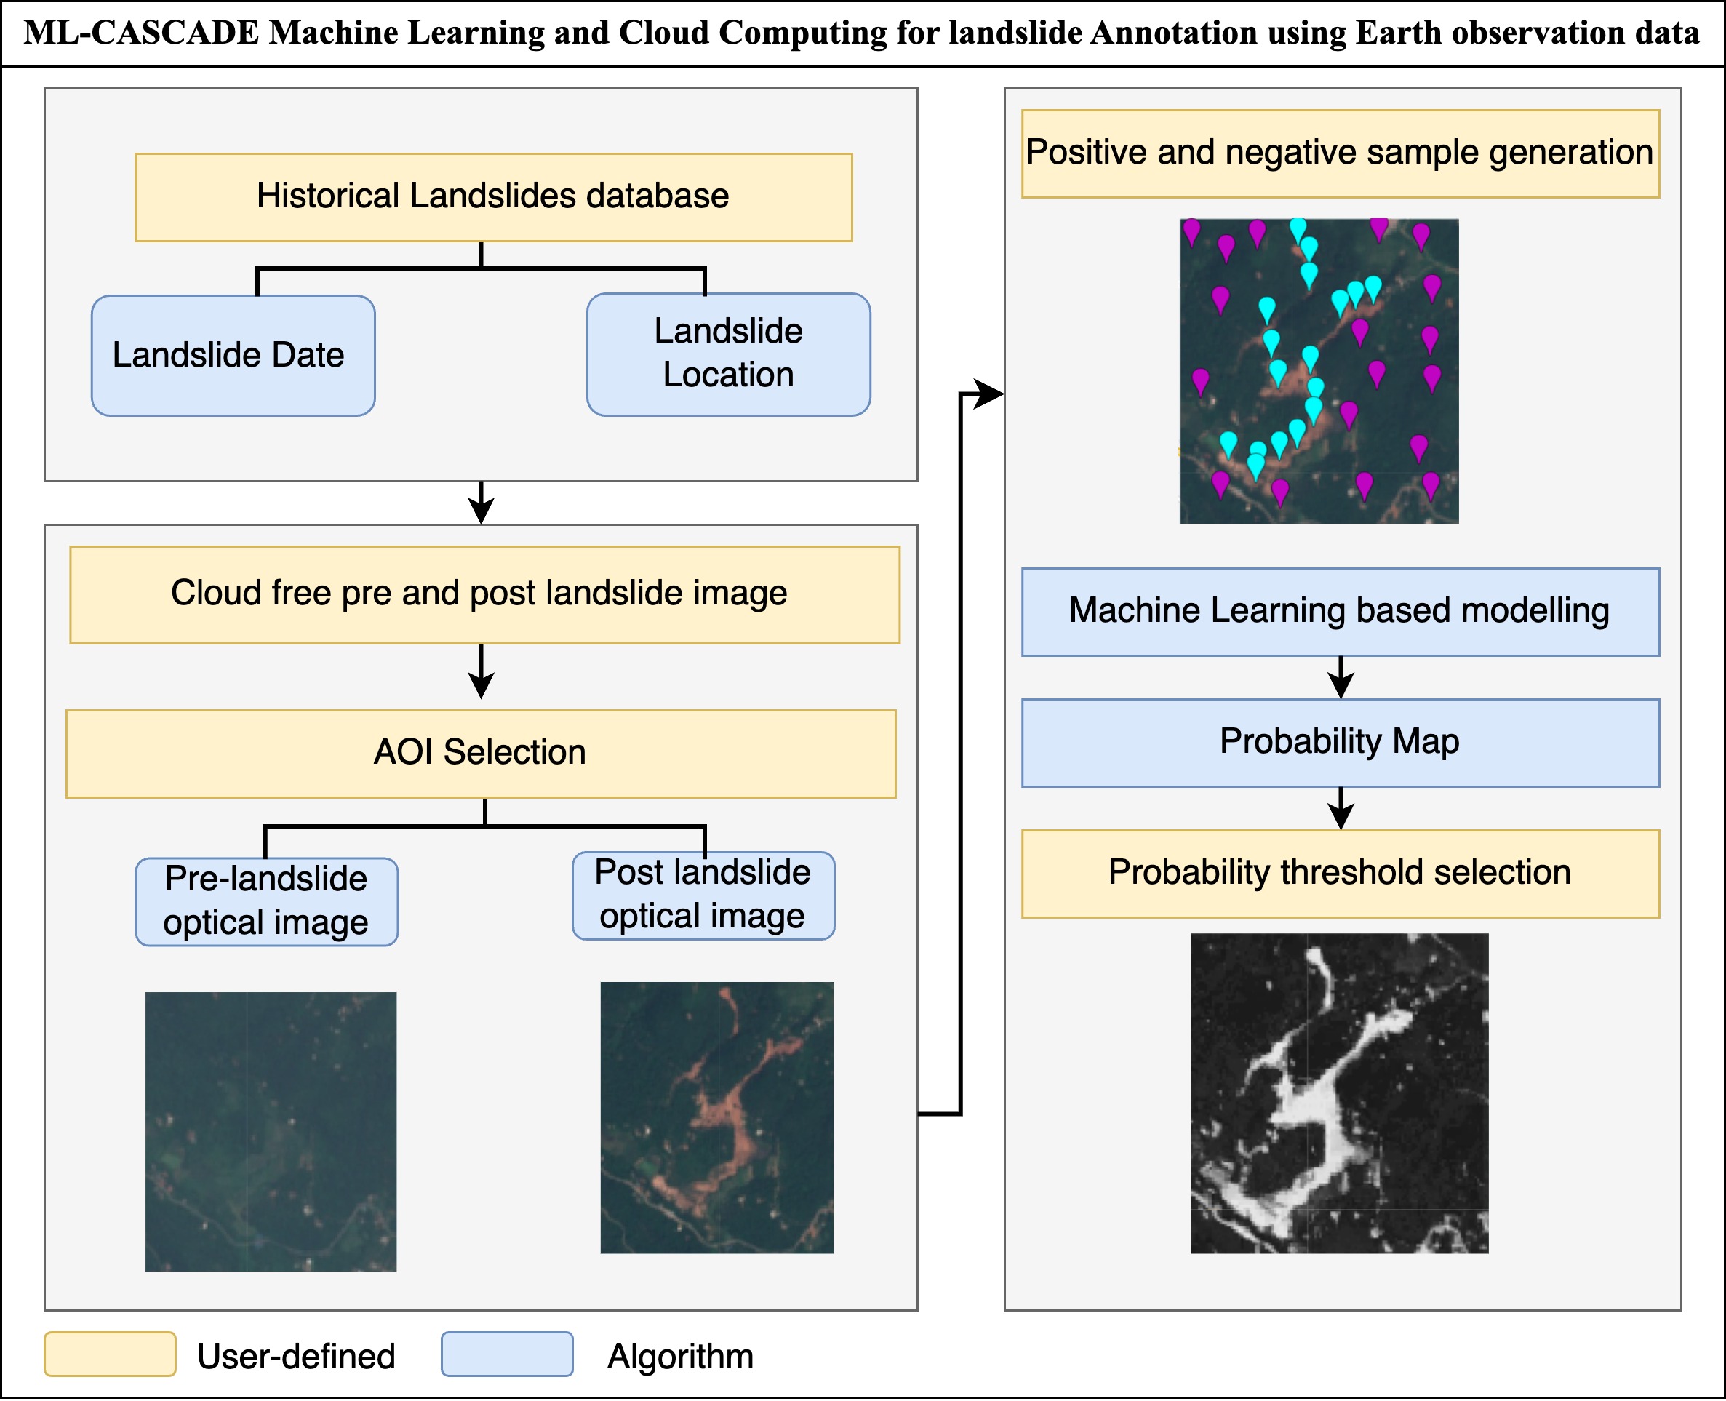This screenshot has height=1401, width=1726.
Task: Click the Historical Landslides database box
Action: (x=493, y=197)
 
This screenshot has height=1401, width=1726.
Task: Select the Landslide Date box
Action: (x=233, y=355)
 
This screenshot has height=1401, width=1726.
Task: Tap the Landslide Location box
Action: (x=728, y=354)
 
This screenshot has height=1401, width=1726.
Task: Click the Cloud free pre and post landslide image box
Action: (x=484, y=594)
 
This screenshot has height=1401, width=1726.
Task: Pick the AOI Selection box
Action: (x=480, y=753)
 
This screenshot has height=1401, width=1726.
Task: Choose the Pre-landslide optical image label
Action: (x=266, y=901)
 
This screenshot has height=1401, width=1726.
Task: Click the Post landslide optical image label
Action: (x=703, y=895)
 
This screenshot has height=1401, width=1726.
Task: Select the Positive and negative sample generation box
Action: (x=1340, y=153)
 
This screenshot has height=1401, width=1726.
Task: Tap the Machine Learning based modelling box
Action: (x=1340, y=611)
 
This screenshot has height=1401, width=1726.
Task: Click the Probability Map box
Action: (x=1340, y=742)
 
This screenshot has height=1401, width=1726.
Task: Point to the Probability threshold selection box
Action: (x=1340, y=873)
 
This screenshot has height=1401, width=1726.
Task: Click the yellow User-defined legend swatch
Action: (x=110, y=1354)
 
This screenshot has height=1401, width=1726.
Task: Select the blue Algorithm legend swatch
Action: (x=507, y=1354)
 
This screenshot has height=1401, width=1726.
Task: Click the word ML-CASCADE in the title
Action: (x=141, y=33)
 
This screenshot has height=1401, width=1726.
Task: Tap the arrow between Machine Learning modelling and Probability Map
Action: (x=1341, y=677)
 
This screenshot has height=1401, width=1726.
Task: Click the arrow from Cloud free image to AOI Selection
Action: (x=481, y=671)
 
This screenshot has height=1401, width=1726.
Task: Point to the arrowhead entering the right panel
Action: (x=988, y=394)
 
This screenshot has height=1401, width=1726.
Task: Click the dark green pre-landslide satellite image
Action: (x=271, y=1130)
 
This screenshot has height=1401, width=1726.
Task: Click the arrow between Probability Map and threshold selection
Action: (x=1341, y=808)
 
